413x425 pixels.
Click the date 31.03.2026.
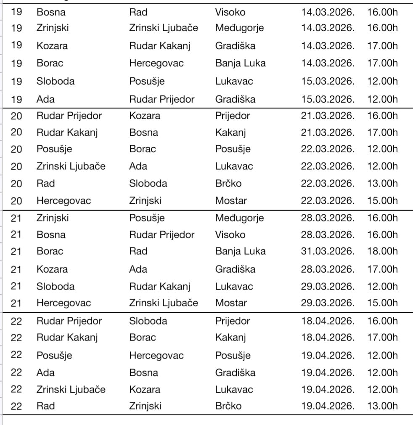click(x=328, y=251)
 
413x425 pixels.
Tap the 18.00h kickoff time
click(x=382, y=251)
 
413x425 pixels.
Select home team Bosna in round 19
click(x=51, y=12)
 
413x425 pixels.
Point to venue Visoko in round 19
click(x=230, y=12)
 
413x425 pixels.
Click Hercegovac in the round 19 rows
click(x=156, y=63)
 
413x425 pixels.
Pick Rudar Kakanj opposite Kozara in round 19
click(x=159, y=45)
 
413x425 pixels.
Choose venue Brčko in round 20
click(x=228, y=183)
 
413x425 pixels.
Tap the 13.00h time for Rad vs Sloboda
click(x=382, y=183)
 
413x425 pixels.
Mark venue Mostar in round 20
click(x=231, y=201)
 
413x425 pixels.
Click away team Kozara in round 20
click(x=145, y=115)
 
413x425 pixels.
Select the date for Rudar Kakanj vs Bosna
click(x=328, y=133)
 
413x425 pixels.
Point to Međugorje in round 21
click(x=239, y=218)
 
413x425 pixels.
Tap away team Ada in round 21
click(x=138, y=269)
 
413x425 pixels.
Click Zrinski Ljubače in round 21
click(x=163, y=303)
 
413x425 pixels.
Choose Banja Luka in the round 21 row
click(x=240, y=251)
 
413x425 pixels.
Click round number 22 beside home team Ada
click(x=16, y=372)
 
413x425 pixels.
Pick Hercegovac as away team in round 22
click(x=156, y=355)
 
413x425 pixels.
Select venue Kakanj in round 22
click(x=230, y=337)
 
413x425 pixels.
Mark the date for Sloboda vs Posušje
click(x=328, y=81)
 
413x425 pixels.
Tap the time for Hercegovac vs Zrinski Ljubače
click(x=382, y=303)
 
